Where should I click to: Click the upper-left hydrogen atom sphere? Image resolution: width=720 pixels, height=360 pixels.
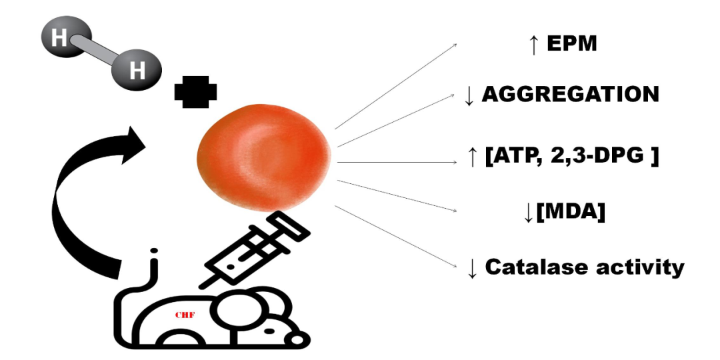coord(59,39)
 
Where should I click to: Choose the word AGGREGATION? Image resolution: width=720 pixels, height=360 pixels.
coord(570,95)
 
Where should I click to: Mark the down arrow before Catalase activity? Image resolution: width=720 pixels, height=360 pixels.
coord(473,268)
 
